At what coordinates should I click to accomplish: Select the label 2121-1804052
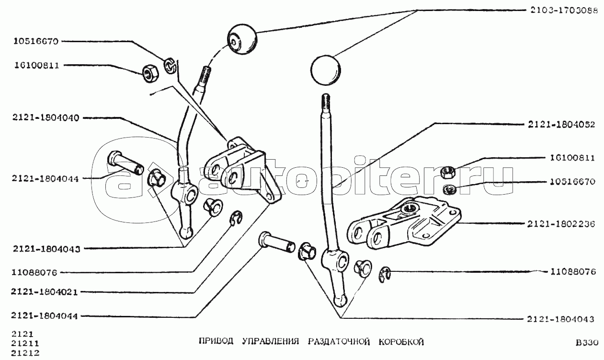tap(561, 124)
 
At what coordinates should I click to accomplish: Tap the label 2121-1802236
tap(561, 224)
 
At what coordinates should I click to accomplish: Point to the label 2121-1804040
tap(46, 118)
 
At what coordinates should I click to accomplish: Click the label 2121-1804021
tap(45, 292)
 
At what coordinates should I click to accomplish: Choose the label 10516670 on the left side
tap(36, 41)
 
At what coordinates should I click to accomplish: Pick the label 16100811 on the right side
tap(572, 158)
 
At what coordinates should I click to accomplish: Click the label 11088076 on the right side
tap(573, 271)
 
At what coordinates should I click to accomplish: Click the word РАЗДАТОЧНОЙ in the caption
tap(339, 342)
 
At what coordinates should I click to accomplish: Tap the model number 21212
tap(25, 353)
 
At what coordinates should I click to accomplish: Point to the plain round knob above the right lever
tap(325, 70)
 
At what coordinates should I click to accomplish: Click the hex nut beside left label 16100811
tap(150, 73)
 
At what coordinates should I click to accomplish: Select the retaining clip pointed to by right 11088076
tap(384, 275)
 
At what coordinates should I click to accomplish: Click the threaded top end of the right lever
tap(326, 104)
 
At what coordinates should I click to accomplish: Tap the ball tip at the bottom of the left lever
tap(186, 232)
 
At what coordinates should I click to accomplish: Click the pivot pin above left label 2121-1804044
tap(125, 163)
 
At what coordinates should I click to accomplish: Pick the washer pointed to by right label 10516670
tap(449, 189)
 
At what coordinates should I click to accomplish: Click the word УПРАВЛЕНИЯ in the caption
tap(271, 342)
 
